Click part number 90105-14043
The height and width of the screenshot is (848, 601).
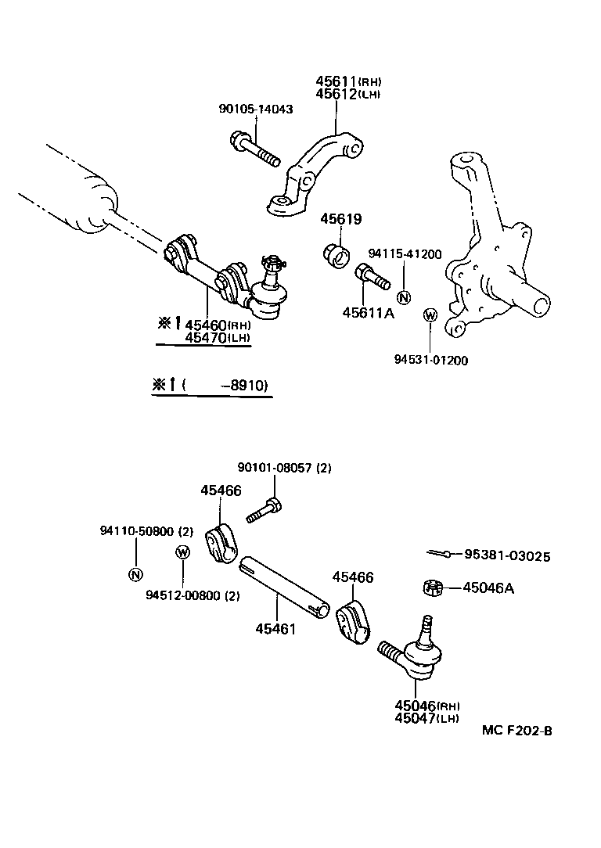tap(255, 110)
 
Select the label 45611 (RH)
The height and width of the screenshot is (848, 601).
tap(348, 81)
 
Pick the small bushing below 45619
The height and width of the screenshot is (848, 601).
tap(336, 253)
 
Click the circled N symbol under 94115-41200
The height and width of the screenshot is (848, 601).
tap(403, 297)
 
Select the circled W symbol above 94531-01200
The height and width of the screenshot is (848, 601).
tap(430, 315)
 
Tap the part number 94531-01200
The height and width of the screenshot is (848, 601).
tap(430, 361)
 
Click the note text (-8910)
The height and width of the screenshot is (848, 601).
tap(224, 385)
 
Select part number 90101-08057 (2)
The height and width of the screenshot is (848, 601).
tap(284, 468)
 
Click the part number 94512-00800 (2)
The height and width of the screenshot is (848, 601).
tap(193, 595)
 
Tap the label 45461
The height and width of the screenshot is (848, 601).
tap(275, 627)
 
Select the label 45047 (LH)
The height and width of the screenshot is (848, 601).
tap(426, 718)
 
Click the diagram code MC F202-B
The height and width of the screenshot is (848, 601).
tap(517, 731)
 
